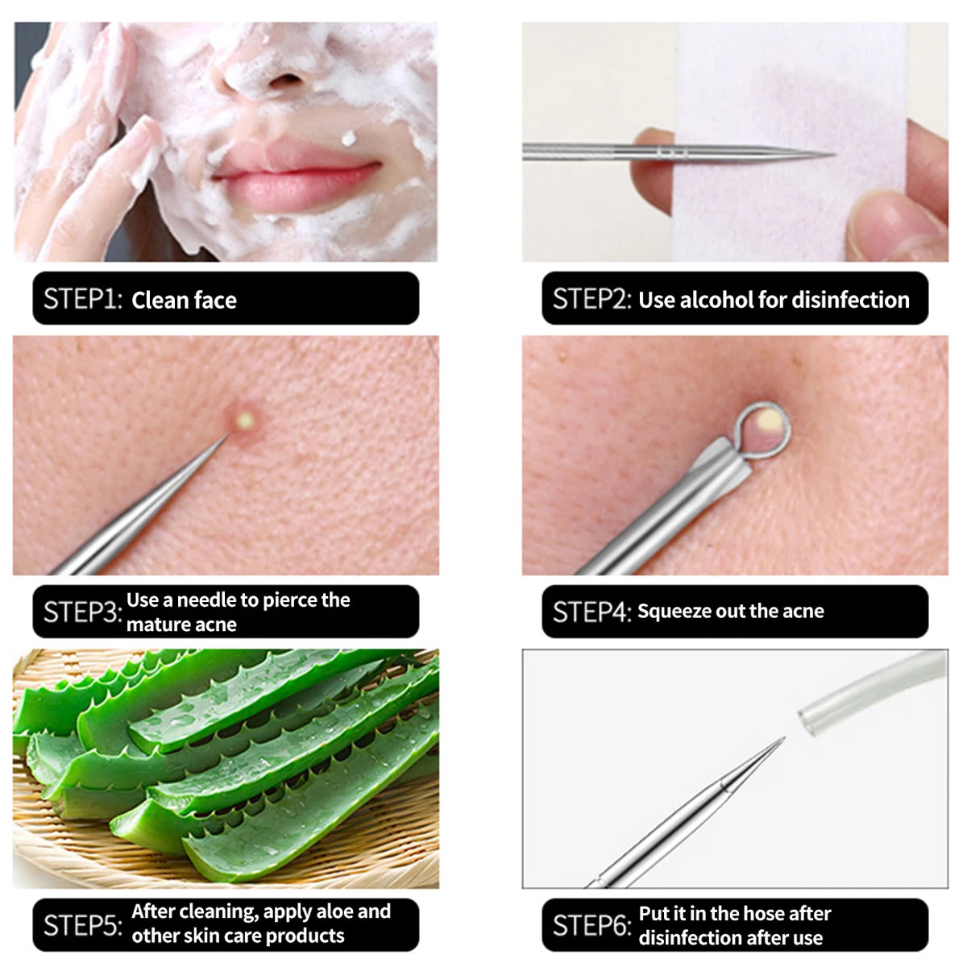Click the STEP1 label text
[82, 299]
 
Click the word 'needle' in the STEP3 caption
[205, 600]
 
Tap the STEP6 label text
[591, 925]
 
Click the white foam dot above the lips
[349, 139]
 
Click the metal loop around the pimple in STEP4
[765, 427]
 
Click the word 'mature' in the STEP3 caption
[156, 625]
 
